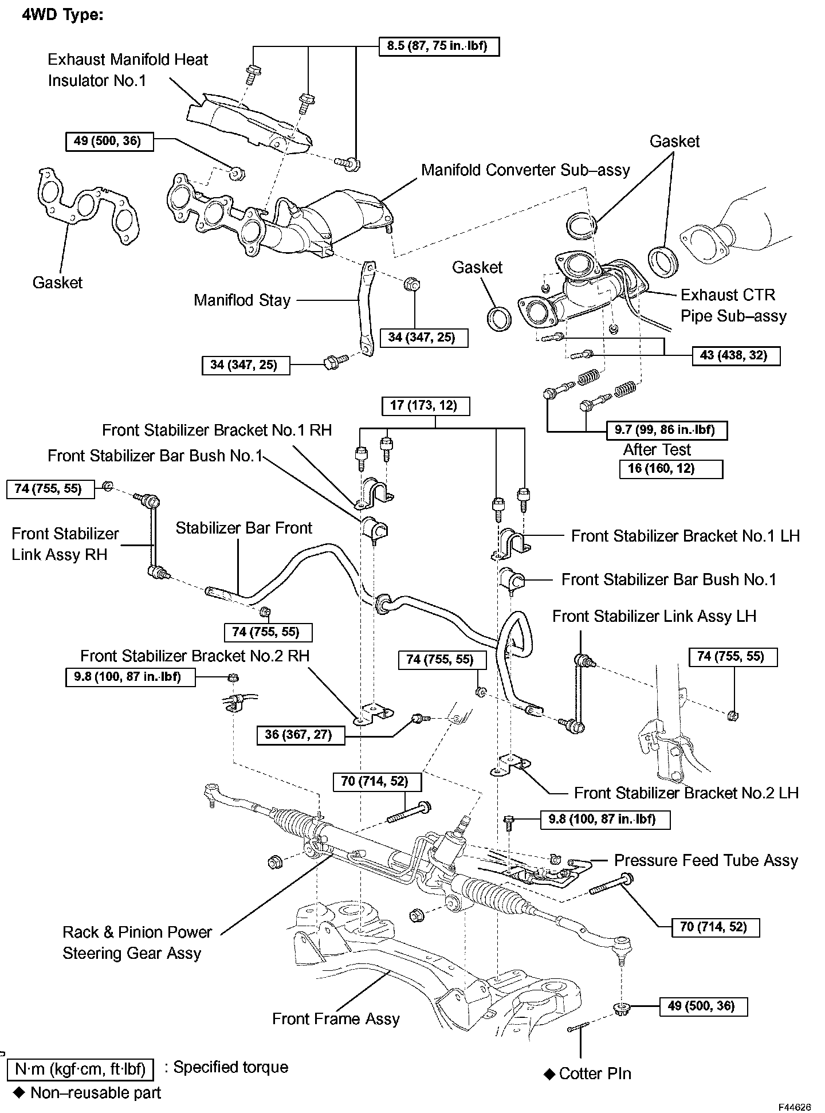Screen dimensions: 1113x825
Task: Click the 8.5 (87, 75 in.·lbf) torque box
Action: coord(439,46)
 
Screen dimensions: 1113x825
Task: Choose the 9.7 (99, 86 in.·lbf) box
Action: coord(667,430)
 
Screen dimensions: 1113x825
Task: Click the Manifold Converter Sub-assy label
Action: coord(525,170)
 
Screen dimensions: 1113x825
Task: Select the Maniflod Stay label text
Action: coord(242,300)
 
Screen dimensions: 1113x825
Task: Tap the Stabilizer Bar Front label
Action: coord(244,528)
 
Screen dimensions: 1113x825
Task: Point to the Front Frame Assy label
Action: coord(336,1018)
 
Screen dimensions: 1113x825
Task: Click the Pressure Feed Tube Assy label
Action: coord(706,860)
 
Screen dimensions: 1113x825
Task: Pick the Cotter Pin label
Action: coord(595,1073)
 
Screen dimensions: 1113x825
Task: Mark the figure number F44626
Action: coord(794,1107)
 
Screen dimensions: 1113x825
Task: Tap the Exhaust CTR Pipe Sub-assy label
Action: coord(733,305)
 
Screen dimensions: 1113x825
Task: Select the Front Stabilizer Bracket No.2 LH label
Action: coord(686,793)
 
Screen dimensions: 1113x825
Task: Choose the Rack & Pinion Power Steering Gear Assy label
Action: coord(136,943)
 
